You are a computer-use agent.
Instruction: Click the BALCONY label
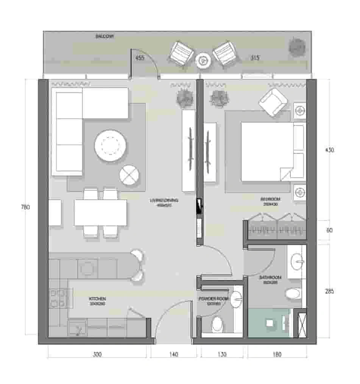[x=105, y=36]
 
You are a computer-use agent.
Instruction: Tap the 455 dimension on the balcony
[x=140, y=58]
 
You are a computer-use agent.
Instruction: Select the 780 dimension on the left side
[x=25, y=207]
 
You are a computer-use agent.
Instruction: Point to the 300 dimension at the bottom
[x=97, y=354]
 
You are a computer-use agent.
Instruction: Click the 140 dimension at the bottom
[x=173, y=354]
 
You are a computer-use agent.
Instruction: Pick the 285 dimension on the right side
[x=329, y=292]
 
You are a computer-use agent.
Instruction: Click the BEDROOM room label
[x=270, y=199]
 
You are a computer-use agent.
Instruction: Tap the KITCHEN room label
[x=98, y=299]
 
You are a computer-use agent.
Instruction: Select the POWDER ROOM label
[x=214, y=299]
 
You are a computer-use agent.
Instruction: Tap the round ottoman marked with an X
[x=129, y=175]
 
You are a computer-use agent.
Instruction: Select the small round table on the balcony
[x=204, y=59]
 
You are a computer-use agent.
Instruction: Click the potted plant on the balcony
[x=296, y=47]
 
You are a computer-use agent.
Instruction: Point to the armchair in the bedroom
[x=272, y=102]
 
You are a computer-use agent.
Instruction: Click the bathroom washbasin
[x=296, y=261]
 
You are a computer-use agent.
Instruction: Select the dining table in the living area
[x=100, y=213]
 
